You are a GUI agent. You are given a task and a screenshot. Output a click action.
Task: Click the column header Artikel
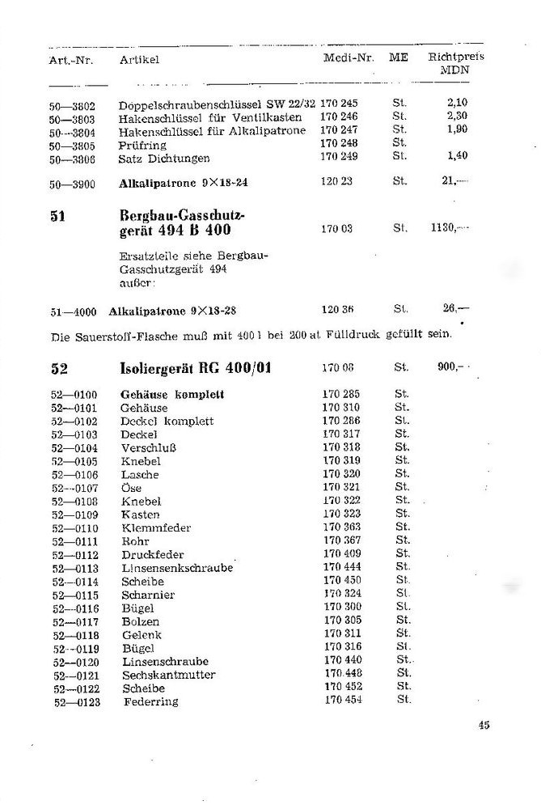click(x=139, y=60)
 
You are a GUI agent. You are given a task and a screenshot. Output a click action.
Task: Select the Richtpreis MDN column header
click(x=455, y=64)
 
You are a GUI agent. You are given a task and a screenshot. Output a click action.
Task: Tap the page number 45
click(x=484, y=725)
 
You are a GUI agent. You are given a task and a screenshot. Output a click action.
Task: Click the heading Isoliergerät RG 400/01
click(x=196, y=368)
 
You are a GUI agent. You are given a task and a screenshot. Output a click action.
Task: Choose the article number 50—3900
click(x=72, y=184)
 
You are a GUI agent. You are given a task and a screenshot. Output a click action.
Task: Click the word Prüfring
click(x=142, y=144)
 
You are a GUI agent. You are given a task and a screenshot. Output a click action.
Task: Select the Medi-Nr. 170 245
click(x=339, y=104)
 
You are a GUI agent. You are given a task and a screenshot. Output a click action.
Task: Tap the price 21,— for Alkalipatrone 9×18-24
click(x=455, y=182)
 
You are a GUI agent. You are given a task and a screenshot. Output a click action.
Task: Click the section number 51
click(x=57, y=217)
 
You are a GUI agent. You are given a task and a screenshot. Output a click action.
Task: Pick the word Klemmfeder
click(x=156, y=528)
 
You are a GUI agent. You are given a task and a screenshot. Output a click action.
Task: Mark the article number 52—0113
click(x=74, y=569)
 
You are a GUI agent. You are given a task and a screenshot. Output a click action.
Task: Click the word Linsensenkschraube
click(x=177, y=568)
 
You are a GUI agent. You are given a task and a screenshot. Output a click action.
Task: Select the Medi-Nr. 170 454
click(x=342, y=701)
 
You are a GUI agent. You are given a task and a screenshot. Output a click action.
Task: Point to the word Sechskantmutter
click(x=169, y=675)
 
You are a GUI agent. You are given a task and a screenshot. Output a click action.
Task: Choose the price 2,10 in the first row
click(x=457, y=104)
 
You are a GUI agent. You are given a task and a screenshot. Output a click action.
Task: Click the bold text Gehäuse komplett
click(x=172, y=395)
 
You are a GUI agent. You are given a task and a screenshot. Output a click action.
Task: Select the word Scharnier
click(x=148, y=595)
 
